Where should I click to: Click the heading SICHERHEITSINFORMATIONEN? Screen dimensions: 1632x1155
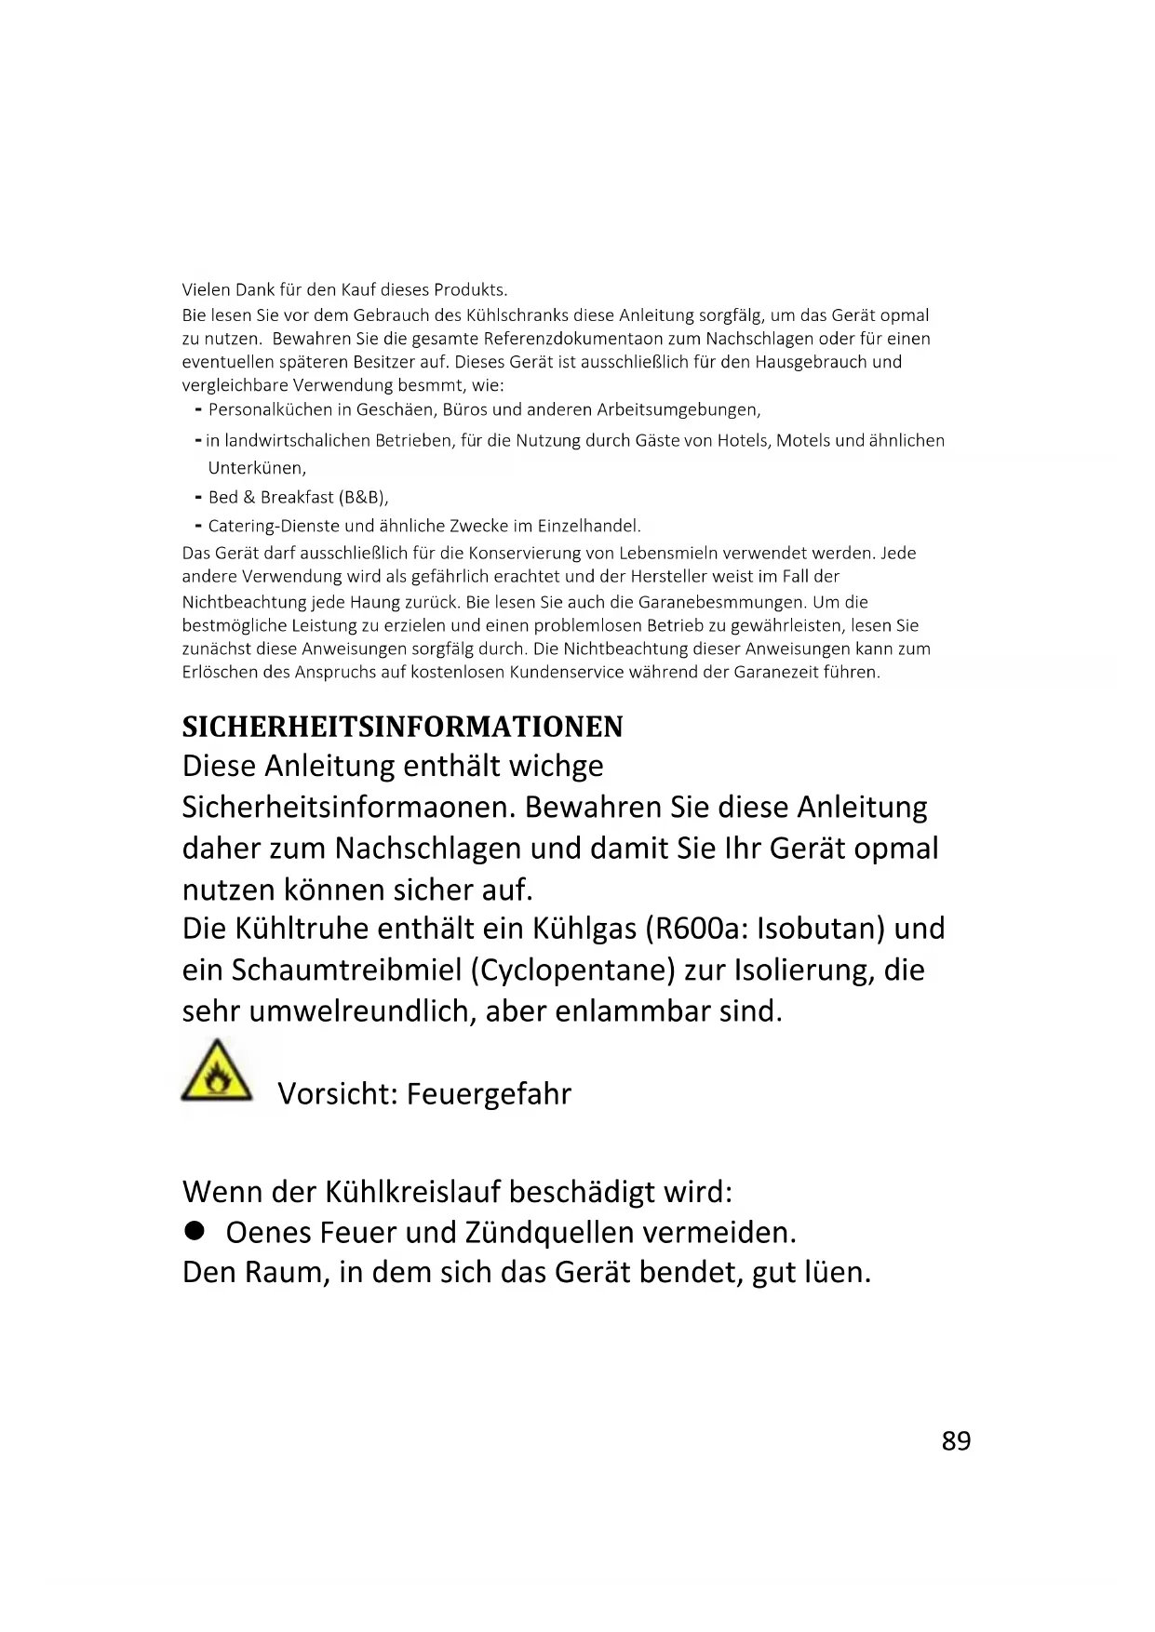coord(402,727)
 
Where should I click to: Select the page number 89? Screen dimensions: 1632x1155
coord(956,1440)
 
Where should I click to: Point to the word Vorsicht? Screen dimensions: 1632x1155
coord(337,1093)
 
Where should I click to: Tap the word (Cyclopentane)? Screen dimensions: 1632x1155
coord(572,970)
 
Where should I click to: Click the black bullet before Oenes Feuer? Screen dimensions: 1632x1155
coord(194,1231)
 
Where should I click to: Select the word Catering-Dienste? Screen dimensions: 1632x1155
coord(274,526)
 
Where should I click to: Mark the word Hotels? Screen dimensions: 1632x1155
coord(745,440)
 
